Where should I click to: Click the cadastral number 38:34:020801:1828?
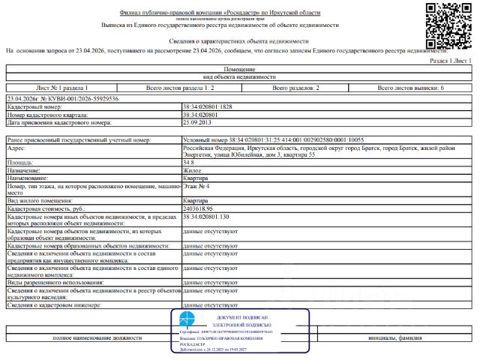208,107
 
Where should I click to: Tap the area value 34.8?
189,162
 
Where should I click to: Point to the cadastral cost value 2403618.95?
202,208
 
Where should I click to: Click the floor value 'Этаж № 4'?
196,185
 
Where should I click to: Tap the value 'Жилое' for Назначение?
193,170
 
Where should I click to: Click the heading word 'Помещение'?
239,68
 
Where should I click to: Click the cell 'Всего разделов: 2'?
295,88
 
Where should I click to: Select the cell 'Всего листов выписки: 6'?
412,88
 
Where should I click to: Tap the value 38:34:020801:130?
206,217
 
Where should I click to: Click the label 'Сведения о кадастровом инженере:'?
55,305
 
